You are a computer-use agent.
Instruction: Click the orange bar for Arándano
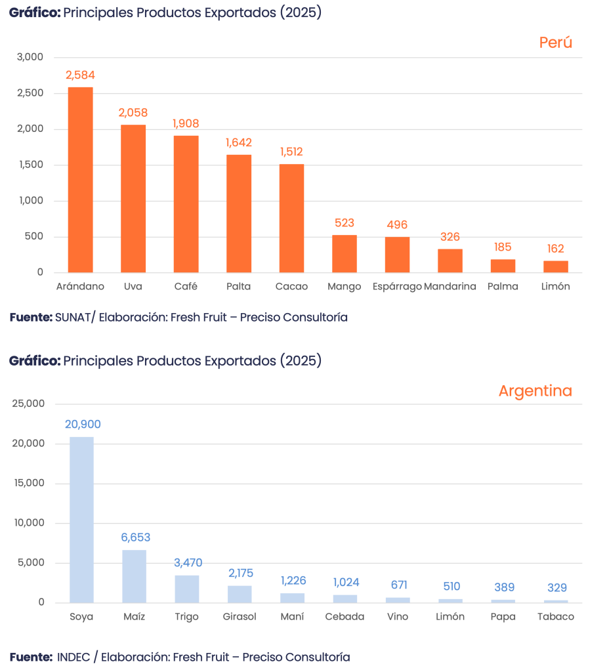coord(81,179)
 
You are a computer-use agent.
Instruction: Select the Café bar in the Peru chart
coord(186,203)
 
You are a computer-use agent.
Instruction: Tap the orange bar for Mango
coord(345,253)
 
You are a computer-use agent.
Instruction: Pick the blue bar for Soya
coord(82,519)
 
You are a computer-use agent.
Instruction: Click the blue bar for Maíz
coord(135,576)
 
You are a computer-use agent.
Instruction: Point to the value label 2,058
coord(133,113)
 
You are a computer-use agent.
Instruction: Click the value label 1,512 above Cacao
coord(291,152)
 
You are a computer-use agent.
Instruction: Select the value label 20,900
coord(83,425)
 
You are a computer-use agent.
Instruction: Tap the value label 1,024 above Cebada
coord(346,582)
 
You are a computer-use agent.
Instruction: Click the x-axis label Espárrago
coord(396,287)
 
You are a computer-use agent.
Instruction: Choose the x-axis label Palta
coord(239,287)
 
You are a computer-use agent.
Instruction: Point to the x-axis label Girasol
coord(240,617)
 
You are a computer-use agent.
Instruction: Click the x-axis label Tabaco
coord(556,617)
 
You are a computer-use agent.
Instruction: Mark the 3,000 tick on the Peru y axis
coord(30,57)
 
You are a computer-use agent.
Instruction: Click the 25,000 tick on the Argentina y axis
coord(28,404)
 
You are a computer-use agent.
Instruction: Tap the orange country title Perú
coord(556,43)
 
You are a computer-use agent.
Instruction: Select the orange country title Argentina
coord(535,391)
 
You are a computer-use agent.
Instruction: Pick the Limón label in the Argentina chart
coord(450,617)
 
